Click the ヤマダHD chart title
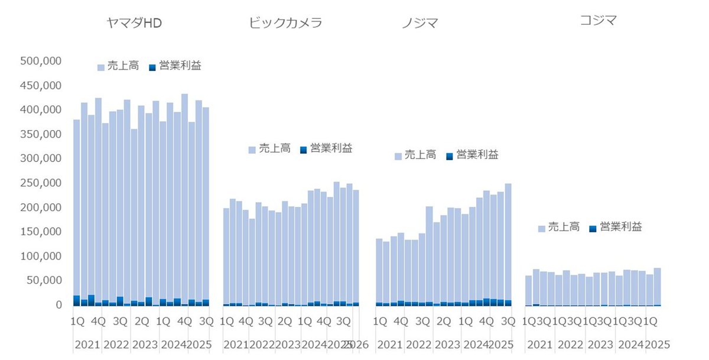pyautogui.click(x=134, y=22)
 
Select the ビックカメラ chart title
pyautogui.click(x=285, y=22)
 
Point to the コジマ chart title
pyautogui.click(x=598, y=21)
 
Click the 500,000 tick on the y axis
pyautogui.click(x=41, y=61)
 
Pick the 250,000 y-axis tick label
pyautogui.click(x=41, y=183)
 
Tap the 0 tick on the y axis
pyautogui.click(x=58, y=305)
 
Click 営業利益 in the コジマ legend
pyautogui.click(x=620, y=227)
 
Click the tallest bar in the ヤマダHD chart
pyautogui.click(x=184, y=195)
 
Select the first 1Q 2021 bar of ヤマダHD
pyautogui.click(x=77, y=207)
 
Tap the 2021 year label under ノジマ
pyautogui.click(x=390, y=344)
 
